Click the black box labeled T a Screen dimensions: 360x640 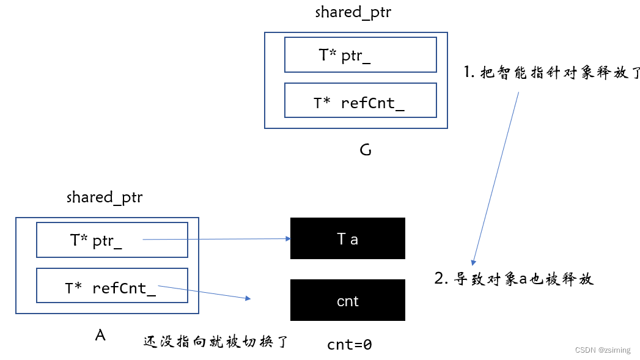click(347, 238)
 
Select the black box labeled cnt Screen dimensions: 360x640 click(347, 300)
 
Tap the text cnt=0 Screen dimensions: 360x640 click(349, 344)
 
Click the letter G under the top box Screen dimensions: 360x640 click(366, 150)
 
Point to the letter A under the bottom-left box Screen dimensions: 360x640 click(101, 334)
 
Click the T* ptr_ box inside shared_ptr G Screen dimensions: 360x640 click(360, 55)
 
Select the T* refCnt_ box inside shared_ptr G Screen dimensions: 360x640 click(360, 101)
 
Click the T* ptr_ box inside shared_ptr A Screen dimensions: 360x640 click(112, 240)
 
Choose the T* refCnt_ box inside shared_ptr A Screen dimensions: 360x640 click(112, 286)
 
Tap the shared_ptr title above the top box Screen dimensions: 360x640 click(353, 12)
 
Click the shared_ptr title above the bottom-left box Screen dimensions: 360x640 click(105, 197)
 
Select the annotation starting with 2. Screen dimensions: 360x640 click(514, 279)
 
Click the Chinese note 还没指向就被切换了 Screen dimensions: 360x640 click(215, 342)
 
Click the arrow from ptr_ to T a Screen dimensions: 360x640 click(214, 239)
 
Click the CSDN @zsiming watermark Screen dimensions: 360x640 click(603, 350)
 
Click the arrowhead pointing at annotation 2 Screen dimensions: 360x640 click(474, 260)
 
